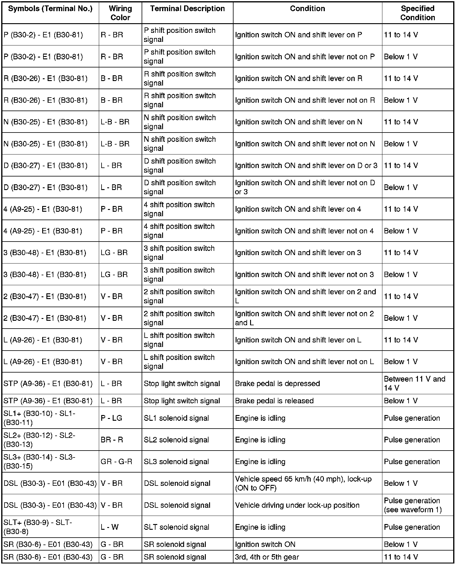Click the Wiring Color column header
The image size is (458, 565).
120,13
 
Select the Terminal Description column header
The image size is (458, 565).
187,9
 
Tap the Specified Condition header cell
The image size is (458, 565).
418,13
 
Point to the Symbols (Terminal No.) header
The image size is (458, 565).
50,9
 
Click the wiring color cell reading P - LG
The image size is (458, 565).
111,418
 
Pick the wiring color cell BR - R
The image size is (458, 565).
112,440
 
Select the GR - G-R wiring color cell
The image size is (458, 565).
116,462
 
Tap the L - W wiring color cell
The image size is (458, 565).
110,527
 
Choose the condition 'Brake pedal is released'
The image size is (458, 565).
274,401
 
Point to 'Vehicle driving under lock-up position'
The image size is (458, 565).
297,505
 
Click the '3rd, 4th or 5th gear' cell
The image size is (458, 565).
267,557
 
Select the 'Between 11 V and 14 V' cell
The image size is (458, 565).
414,383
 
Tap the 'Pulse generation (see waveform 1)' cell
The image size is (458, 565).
413,505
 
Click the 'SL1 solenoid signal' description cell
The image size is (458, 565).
176,418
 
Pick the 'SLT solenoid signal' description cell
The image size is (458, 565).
176,527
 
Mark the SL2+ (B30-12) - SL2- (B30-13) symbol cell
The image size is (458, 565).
39,440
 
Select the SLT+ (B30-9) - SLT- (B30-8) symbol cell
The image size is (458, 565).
38,527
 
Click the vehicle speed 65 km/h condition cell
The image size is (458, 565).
303,483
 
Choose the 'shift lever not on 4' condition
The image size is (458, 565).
304,231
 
